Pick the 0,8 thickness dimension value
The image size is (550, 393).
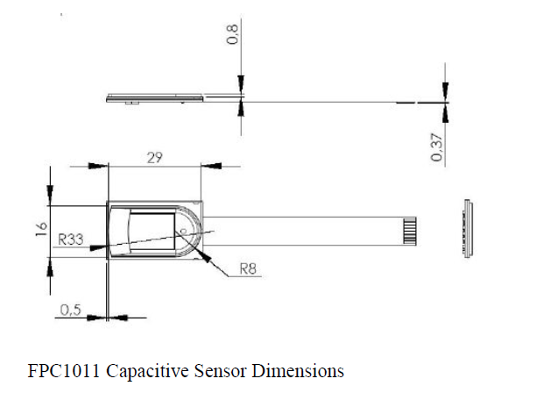pos(233,37)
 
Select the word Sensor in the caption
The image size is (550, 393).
pos(215,370)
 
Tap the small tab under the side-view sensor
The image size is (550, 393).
pos(129,104)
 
